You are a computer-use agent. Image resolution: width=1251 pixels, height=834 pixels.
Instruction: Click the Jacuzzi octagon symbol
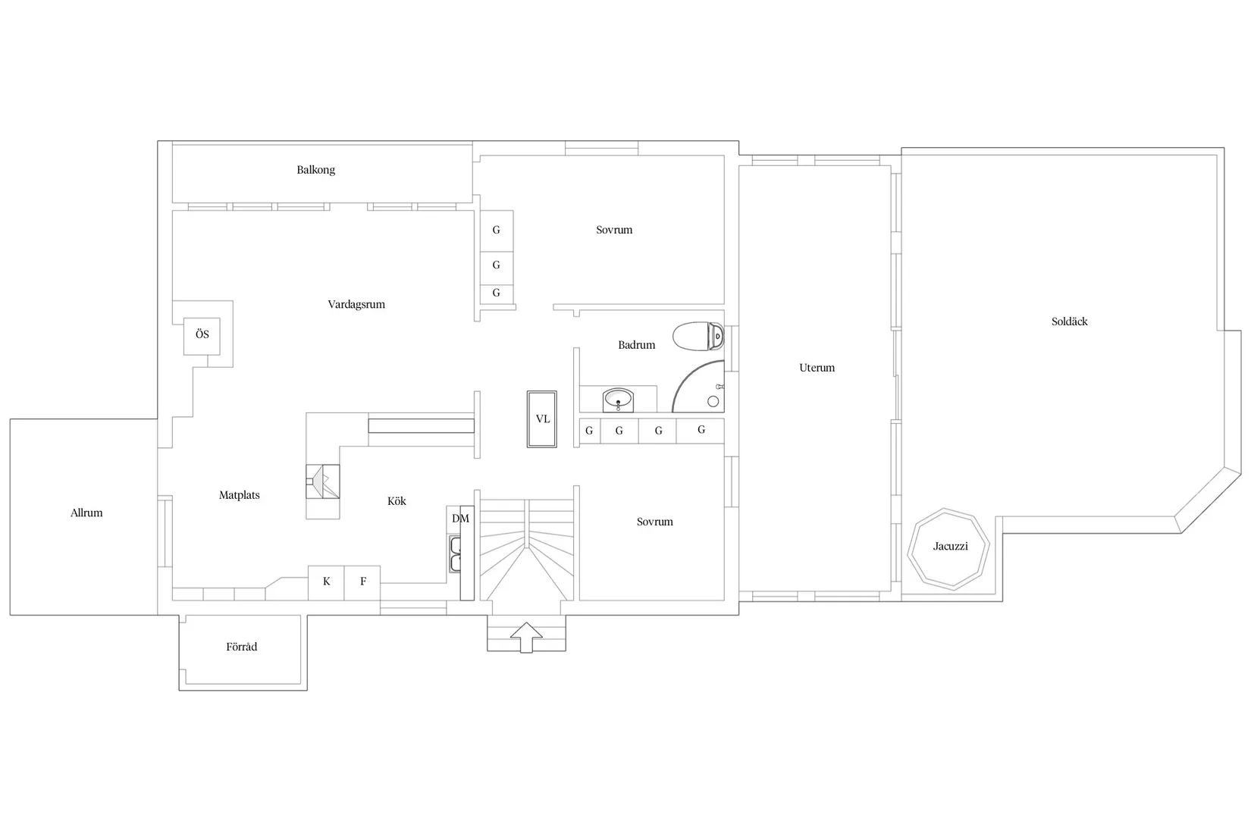[x=949, y=547]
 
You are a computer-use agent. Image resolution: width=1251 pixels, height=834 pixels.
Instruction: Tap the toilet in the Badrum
[x=698, y=337]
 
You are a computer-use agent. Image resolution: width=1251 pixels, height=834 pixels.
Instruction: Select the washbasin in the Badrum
[x=618, y=399]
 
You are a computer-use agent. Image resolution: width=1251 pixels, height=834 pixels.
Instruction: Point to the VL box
[x=542, y=419]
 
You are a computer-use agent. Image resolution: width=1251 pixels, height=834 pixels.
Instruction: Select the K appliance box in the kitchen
[x=326, y=582]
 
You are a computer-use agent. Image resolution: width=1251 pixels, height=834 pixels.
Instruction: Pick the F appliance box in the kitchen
[x=362, y=582]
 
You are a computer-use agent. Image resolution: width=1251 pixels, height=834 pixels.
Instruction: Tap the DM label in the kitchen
[x=460, y=519]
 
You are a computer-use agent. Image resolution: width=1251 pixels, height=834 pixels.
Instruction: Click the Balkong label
[x=315, y=170]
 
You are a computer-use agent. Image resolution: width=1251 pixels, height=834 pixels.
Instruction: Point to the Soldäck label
[x=1069, y=321]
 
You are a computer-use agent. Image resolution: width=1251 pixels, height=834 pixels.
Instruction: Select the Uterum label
[x=817, y=368]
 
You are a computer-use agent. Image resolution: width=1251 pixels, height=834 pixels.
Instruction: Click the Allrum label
[x=86, y=513]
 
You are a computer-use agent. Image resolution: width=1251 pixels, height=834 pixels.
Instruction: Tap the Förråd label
[x=241, y=647]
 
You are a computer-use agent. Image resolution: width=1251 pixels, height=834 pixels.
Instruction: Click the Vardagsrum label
[x=356, y=305]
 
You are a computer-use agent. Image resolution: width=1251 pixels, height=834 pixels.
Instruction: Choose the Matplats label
[x=239, y=495]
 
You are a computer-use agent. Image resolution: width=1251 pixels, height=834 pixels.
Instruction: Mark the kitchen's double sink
[x=456, y=554]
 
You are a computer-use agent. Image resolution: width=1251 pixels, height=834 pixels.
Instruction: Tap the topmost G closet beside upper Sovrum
[x=497, y=230]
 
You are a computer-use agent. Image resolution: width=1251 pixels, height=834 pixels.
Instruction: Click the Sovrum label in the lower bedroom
[x=654, y=522]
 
